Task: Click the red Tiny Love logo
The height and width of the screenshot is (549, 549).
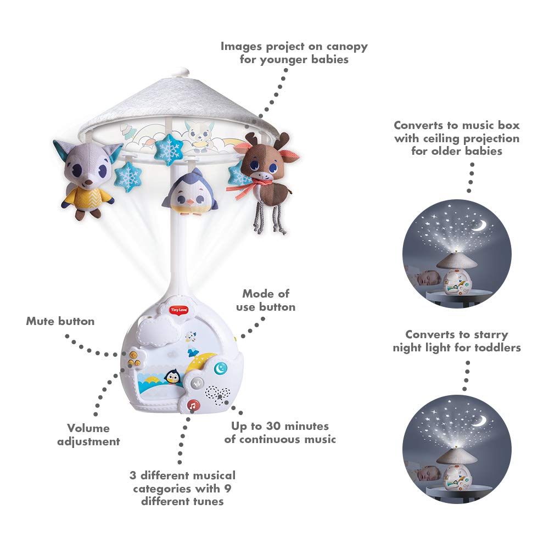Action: [x=178, y=310]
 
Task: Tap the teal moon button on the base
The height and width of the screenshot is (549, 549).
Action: [x=220, y=368]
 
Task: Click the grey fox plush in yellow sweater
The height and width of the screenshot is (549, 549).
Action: [x=87, y=177]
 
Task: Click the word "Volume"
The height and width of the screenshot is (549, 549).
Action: [x=88, y=428]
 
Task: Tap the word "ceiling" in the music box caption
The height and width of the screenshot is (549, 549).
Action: [x=442, y=138]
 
